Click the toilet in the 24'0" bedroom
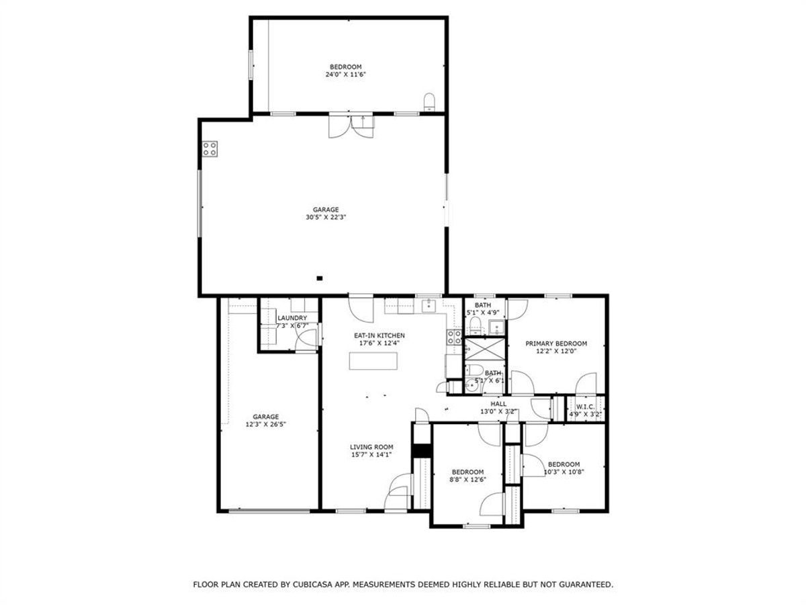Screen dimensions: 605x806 click(x=430, y=103)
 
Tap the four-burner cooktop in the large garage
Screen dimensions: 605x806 click(x=210, y=149)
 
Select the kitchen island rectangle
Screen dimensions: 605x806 click(x=373, y=361)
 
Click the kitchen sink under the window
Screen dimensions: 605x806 click(x=429, y=307)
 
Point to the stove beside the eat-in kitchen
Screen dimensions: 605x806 click(x=454, y=337)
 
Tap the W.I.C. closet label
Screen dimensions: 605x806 click(x=584, y=406)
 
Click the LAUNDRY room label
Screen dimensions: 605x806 click(x=293, y=318)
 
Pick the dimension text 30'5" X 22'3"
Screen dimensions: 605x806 click(x=326, y=217)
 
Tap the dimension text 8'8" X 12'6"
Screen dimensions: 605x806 click(x=467, y=479)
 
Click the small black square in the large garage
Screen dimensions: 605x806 click(x=320, y=277)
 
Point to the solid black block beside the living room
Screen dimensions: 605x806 click(x=420, y=451)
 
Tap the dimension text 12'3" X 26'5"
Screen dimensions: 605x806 click(x=266, y=425)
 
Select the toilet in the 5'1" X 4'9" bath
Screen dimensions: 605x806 click(x=476, y=327)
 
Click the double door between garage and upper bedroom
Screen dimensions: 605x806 click(x=351, y=126)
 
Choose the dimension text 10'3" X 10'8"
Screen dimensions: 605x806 click(x=564, y=472)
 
